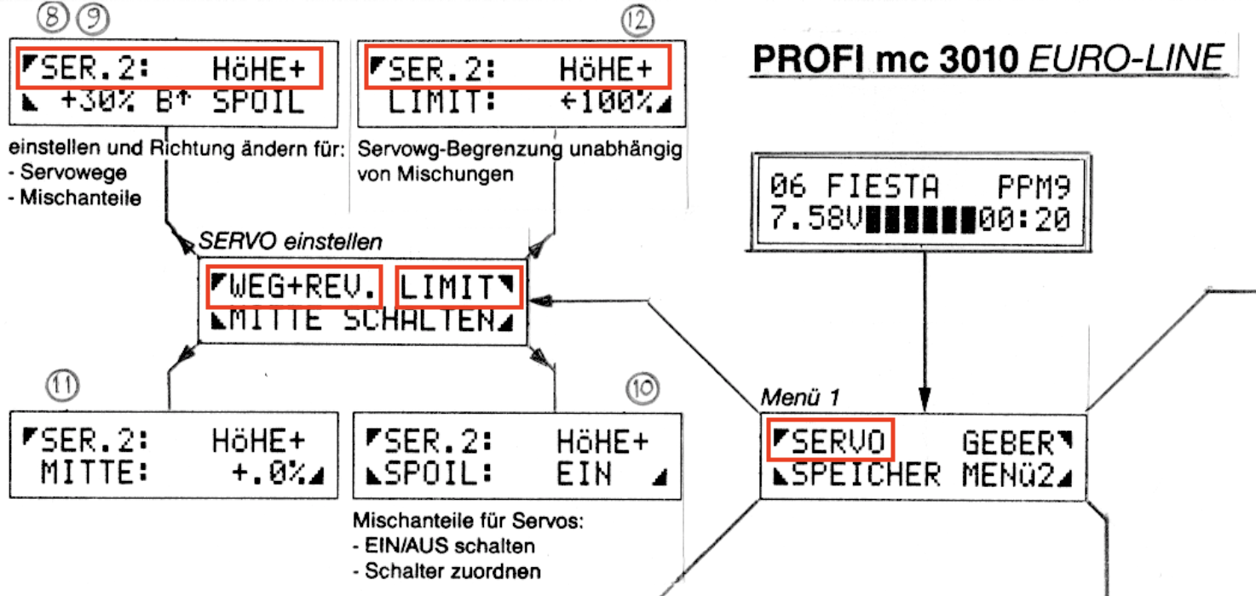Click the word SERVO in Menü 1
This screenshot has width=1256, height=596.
835,442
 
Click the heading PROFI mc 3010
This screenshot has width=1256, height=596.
887,58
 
